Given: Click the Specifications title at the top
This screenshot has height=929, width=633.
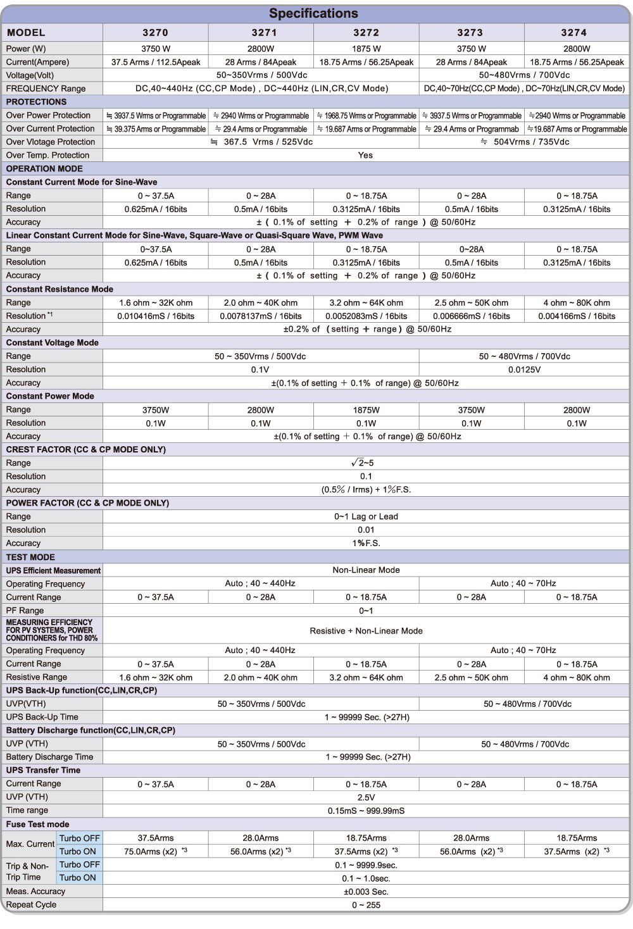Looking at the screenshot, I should (x=313, y=13).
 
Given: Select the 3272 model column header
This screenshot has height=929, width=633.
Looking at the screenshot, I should (x=366, y=32).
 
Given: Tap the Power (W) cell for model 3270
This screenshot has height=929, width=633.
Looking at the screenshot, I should (x=155, y=49).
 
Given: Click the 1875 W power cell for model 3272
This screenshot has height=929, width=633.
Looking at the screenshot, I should (x=366, y=49).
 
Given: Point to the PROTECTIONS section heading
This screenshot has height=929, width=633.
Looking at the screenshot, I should (x=36, y=102).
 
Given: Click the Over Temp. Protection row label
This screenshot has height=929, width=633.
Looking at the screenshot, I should (x=47, y=155).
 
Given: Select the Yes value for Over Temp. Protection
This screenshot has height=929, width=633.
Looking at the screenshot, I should (x=365, y=155).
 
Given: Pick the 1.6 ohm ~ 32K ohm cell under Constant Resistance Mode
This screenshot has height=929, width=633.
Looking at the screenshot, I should (x=155, y=302).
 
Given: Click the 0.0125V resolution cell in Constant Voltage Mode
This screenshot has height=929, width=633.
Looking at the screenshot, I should (x=524, y=370).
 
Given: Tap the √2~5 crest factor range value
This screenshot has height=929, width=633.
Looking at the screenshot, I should (x=365, y=463).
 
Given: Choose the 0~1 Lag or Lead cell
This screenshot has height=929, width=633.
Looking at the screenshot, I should (x=366, y=516).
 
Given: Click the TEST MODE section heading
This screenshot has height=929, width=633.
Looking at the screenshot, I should (x=30, y=557).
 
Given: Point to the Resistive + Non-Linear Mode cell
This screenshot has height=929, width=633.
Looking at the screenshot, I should (x=366, y=630).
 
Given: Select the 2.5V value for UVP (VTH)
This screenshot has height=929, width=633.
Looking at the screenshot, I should (x=366, y=797).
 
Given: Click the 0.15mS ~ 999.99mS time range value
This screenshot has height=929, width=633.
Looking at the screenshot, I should (x=366, y=811).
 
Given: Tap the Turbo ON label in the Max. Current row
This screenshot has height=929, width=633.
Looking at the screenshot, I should (x=78, y=851).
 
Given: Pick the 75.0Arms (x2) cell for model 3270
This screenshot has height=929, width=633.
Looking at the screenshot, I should (x=155, y=851).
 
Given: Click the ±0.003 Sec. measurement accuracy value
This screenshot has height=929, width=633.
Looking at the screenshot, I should (x=366, y=892).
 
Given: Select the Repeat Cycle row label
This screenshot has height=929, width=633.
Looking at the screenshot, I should (x=31, y=905).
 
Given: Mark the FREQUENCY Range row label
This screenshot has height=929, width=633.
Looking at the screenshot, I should (x=46, y=89).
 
